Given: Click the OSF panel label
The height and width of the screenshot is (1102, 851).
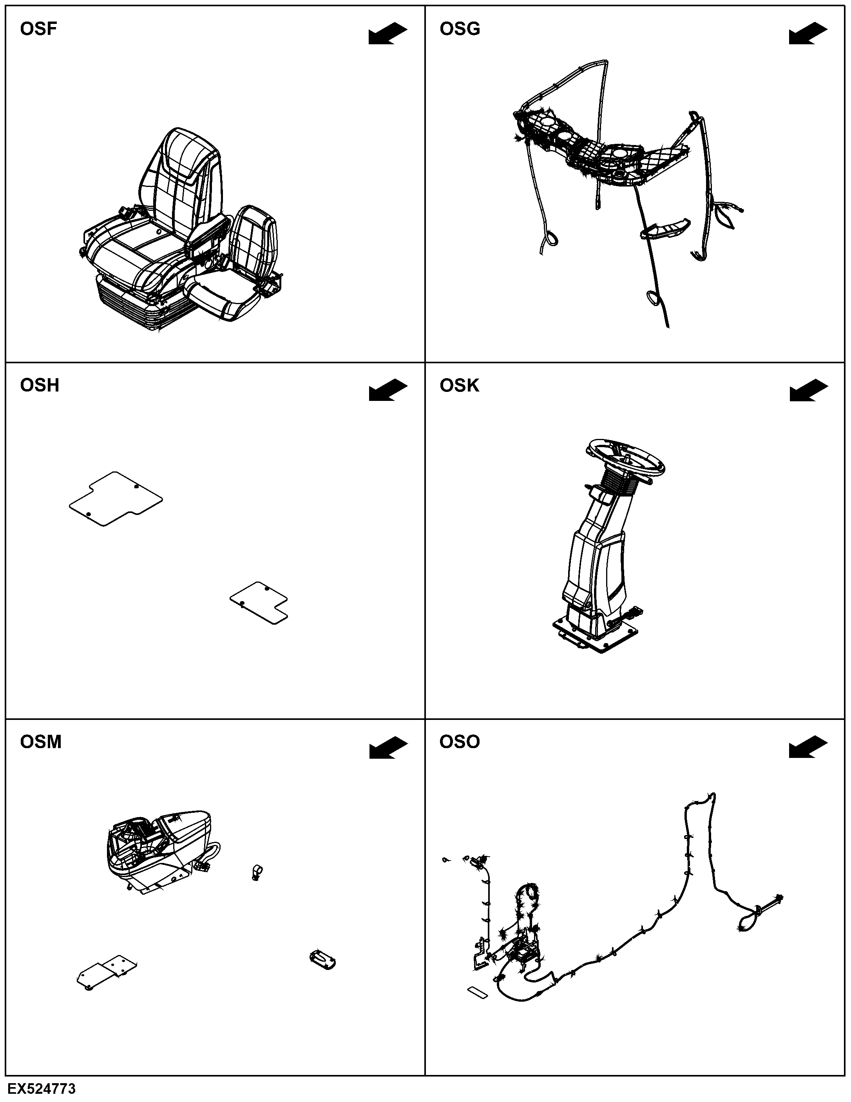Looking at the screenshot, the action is pyautogui.click(x=38, y=29).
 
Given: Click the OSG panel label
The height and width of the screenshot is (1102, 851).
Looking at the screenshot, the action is pyautogui.click(x=460, y=29).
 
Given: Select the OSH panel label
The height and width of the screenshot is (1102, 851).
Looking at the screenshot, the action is pyautogui.click(x=39, y=386).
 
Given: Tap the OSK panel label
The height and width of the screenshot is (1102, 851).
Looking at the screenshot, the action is pyautogui.click(x=459, y=386).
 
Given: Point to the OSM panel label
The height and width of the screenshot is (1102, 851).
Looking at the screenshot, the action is pyautogui.click(x=40, y=742).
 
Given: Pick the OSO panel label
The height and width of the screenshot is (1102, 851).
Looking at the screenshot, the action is pyautogui.click(x=460, y=742).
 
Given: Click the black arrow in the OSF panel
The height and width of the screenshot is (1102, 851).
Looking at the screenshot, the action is pyautogui.click(x=388, y=34).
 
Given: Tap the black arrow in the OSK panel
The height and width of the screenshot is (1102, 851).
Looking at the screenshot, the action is pyautogui.click(x=809, y=391).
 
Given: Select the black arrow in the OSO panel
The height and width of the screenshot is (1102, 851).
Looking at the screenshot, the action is pyautogui.click(x=809, y=747).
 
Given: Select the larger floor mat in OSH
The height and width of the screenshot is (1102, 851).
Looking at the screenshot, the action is pyautogui.click(x=116, y=499).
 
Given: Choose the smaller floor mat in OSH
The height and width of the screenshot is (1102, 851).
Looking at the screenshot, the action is pyautogui.click(x=259, y=602).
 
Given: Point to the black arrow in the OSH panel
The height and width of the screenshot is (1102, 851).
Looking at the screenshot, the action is pyautogui.click(x=388, y=391).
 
